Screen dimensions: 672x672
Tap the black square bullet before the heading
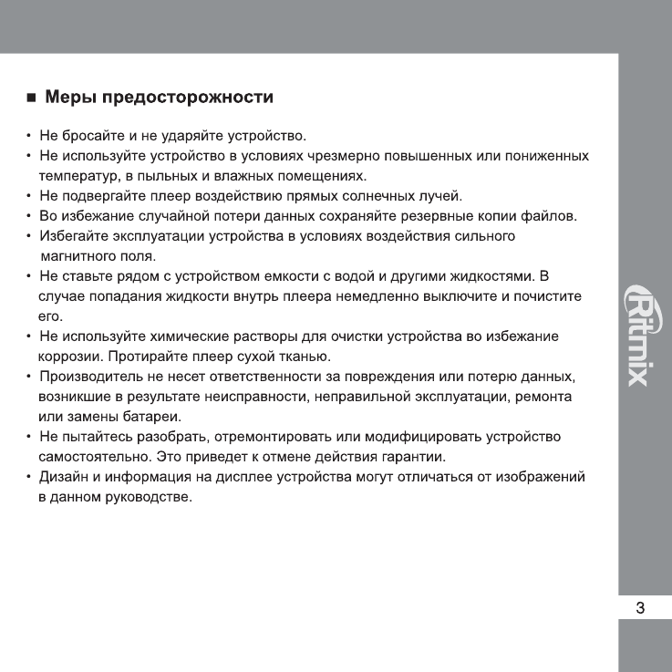[30, 98]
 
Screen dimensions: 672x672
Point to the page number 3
[640, 608]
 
